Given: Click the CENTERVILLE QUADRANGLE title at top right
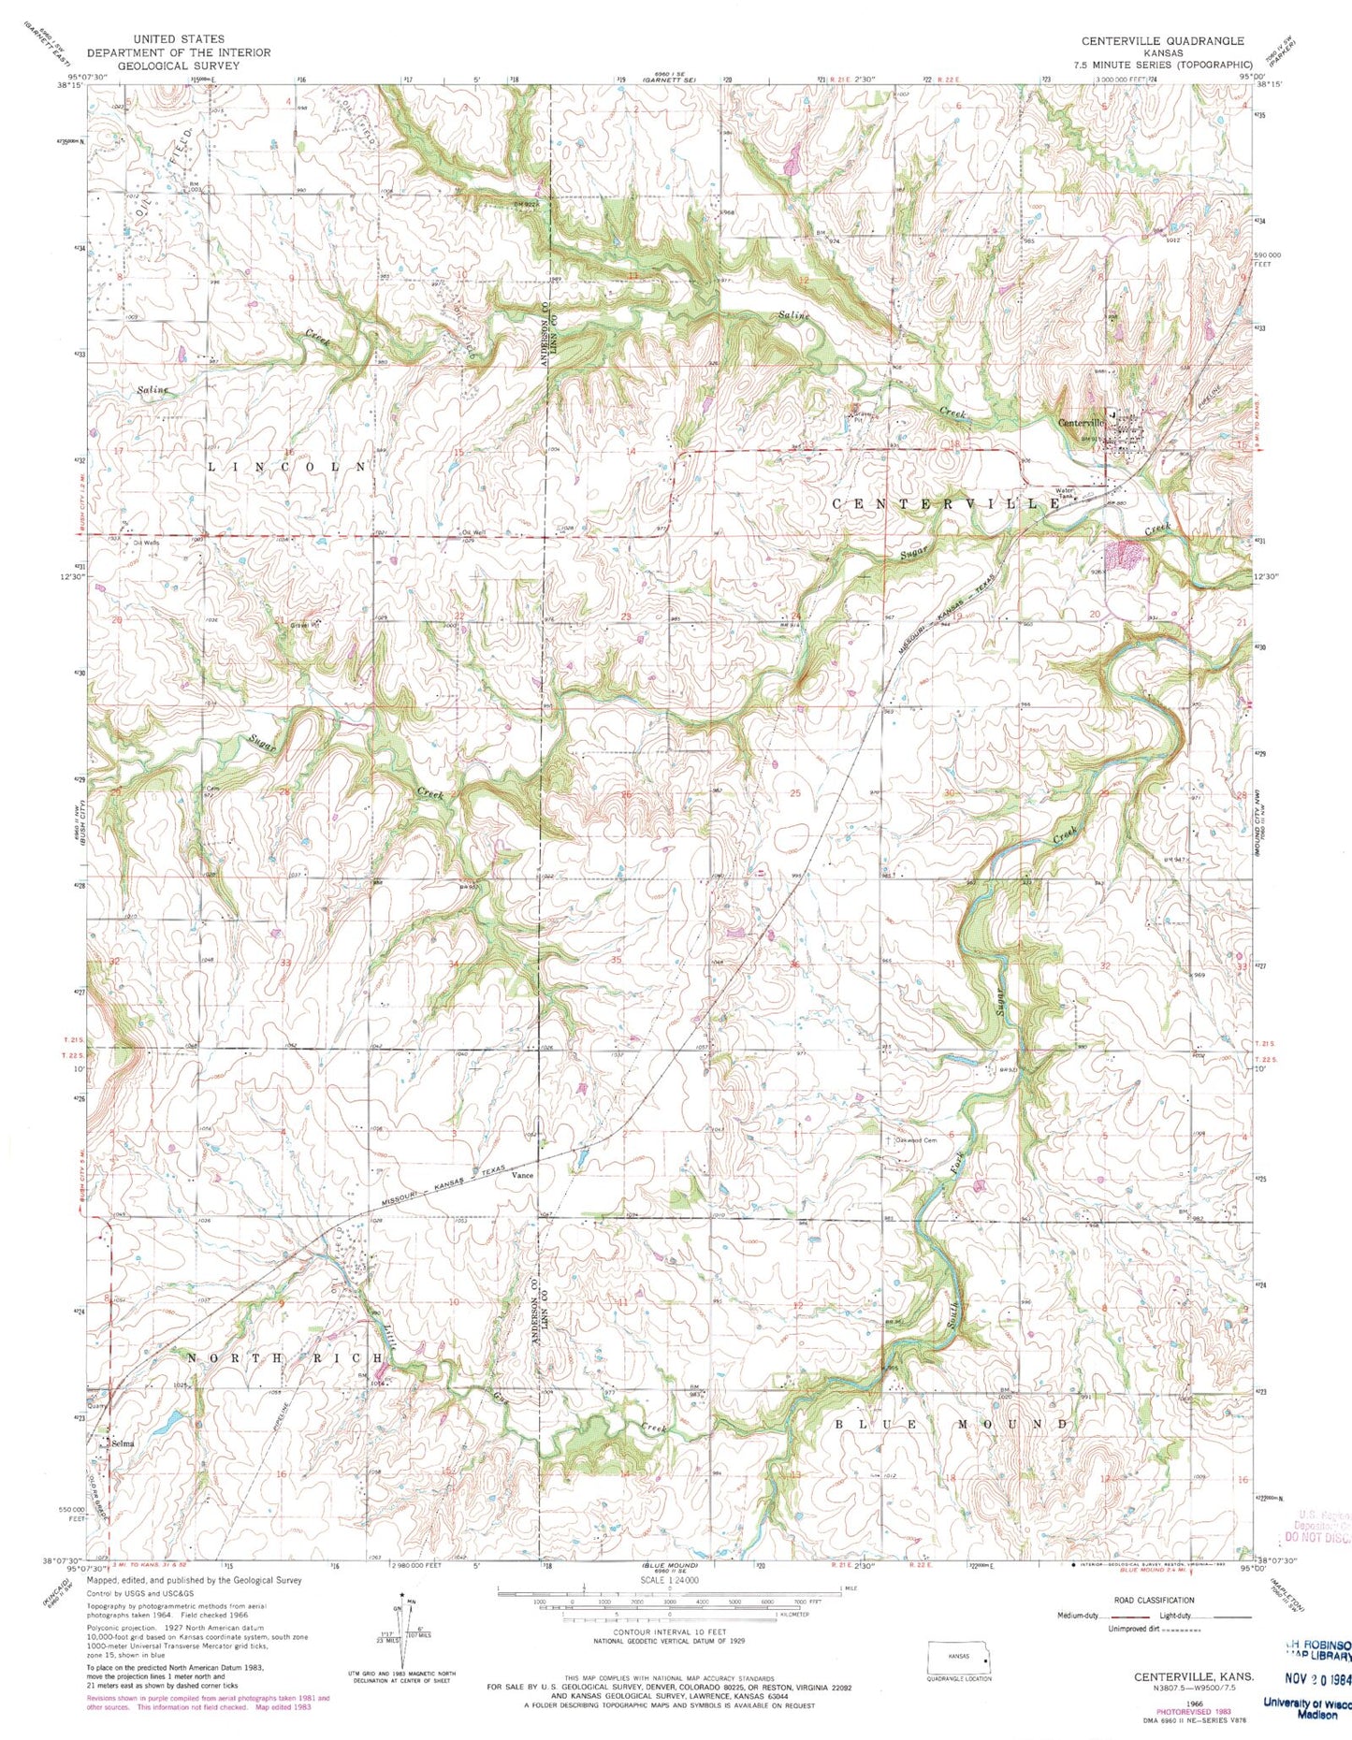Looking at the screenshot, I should pyautogui.click(x=1162, y=41).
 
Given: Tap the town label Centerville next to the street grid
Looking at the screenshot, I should pyautogui.click(x=1081, y=423).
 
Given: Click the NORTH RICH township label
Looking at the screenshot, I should pyautogui.click(x=285, y=1357).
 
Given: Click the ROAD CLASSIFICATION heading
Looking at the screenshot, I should pyautogui.click(x=1154, y=1601).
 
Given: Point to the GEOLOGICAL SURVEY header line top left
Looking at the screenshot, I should pyautogui.click(x=179, y=66).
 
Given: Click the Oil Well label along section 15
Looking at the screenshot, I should pyautogui.click(x=473, y=532).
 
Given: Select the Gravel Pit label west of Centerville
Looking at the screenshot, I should pyautogui.click(x=858, y=417).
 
